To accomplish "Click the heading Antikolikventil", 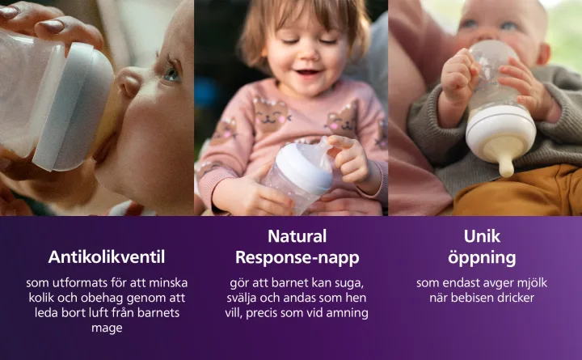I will [x=107, y=257].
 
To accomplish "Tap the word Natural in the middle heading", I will [x=297, y=237].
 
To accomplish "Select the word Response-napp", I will [x=297, y=258].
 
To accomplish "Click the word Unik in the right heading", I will [x=482, y=237].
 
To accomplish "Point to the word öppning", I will [x=482, y=258].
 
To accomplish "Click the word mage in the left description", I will [x=107, y=328].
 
